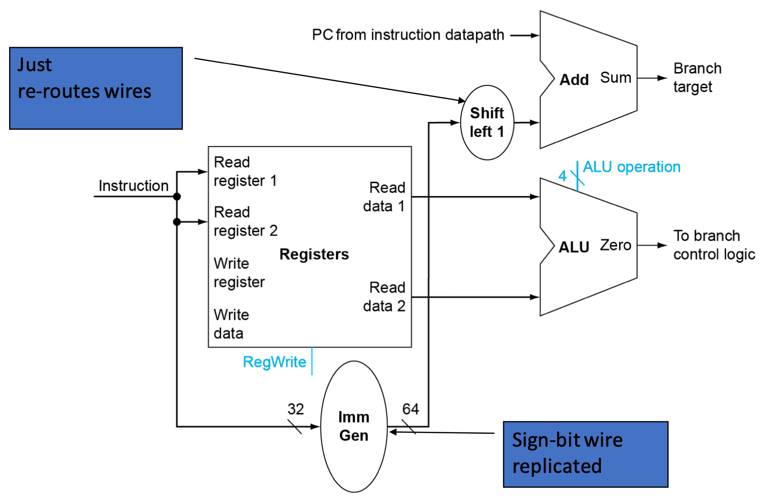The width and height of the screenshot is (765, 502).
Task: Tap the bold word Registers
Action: coord(314,254)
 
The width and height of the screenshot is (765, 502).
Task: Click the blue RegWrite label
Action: coord(274,362)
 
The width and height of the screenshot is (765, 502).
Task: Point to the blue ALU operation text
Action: coord(632,167)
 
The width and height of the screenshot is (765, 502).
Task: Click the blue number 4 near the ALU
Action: coord(562,176)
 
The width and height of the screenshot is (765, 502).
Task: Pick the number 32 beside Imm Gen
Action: coord(295,409)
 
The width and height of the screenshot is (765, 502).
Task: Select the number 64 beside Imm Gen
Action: coord(411,409)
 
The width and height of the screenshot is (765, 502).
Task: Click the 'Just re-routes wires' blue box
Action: coord(96,88)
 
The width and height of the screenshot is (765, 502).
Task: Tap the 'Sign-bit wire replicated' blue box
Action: coord(586,454)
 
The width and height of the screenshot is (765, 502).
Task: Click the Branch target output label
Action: coord(697,78)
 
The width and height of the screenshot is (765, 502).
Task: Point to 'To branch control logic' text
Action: coord(714,245)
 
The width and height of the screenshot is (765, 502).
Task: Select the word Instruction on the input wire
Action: coord(134,186)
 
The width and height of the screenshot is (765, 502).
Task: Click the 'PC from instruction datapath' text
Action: coord(408,35)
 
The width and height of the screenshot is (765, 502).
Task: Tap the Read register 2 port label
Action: coord(246,221)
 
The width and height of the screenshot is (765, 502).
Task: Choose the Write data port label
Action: coord(231,324)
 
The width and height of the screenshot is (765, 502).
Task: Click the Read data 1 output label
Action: coord(384,197)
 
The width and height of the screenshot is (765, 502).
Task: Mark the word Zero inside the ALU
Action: coord(615,245)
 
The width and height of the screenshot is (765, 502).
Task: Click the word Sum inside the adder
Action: coord(615,78)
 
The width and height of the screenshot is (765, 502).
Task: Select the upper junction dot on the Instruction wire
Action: coord(177,197)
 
